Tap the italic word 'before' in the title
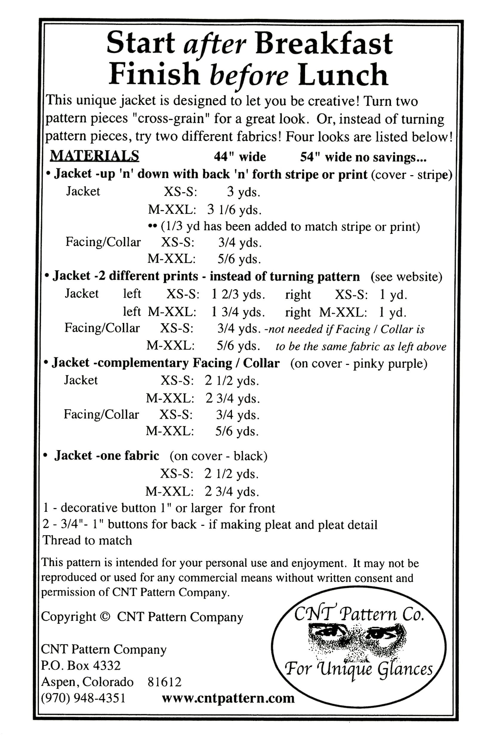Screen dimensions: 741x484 [249, 75]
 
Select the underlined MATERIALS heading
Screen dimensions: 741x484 [95, 155]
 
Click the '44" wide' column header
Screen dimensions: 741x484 [240, 157]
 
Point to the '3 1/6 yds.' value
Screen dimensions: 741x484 [234, 210]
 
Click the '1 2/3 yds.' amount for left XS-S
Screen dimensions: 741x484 [238, 295]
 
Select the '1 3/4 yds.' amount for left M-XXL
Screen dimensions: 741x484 [238, 312]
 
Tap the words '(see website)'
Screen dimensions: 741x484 [406, 276]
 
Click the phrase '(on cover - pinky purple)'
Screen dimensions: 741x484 [359, 363]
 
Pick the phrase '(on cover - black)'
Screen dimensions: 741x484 [218, 456]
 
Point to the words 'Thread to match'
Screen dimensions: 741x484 [87, 540]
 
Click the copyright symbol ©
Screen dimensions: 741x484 [106, 617]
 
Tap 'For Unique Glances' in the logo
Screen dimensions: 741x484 [359, 668]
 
